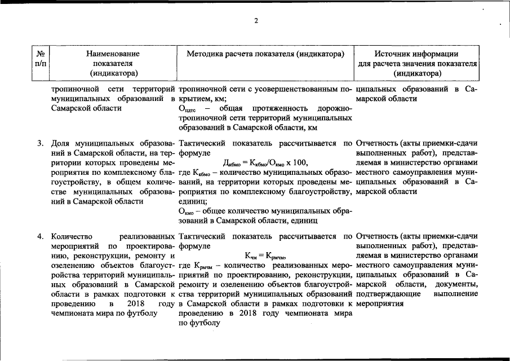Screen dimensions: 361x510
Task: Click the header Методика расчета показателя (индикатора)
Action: click(x=265, y=54)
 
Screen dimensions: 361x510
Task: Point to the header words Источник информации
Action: click(x=417, y=54)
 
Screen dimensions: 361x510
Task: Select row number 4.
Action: click(x=41, y=236)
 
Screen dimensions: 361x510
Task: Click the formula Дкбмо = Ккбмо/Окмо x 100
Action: click(x=265, y=162)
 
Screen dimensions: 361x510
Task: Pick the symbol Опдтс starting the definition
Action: click(x=187, y=109)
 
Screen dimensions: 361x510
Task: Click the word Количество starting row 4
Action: click(x=70, y=236)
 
